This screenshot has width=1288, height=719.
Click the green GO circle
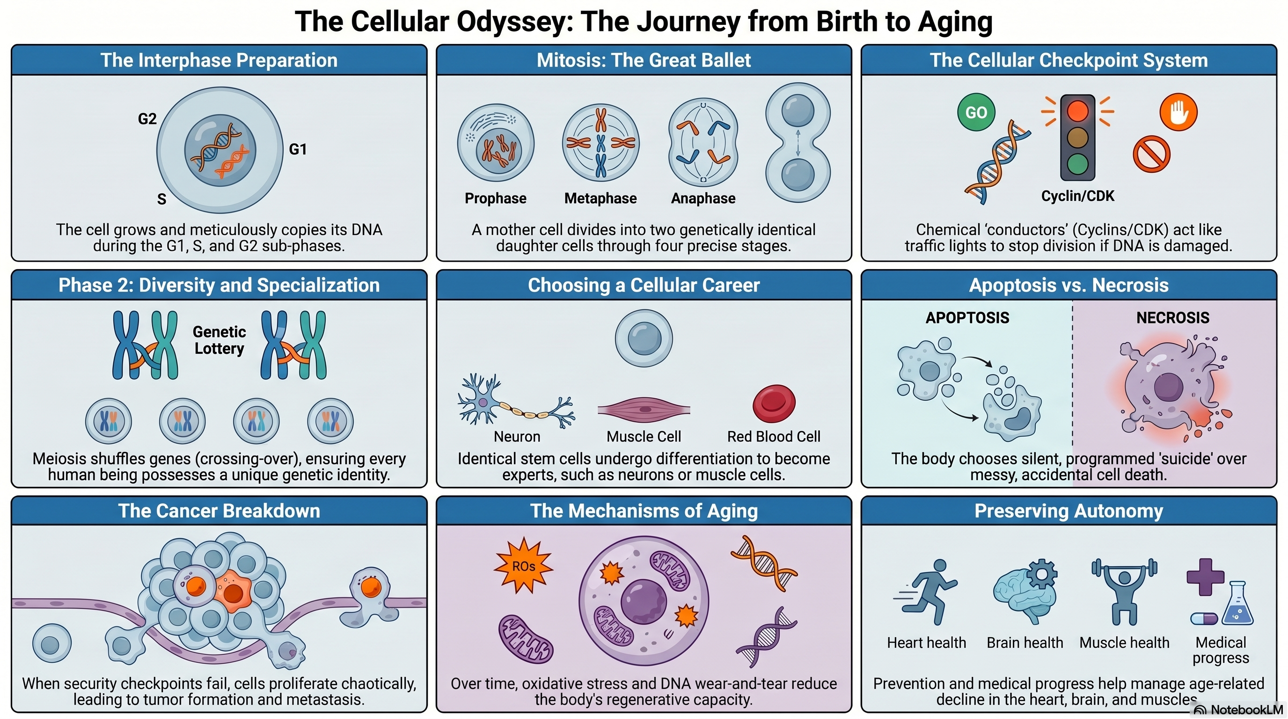coord(975,112)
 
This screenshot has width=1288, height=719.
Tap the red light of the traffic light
coord(1077,110)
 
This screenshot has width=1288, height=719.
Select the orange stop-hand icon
coord(1178,112)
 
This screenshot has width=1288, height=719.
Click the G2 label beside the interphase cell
coord(147,119)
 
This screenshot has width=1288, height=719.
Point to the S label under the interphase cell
coord(161,199)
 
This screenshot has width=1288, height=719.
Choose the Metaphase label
coord(600,198)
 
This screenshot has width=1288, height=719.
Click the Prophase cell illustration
coord(496,143)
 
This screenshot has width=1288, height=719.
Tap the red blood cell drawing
coord(774,404)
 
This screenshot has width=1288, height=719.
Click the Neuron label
coord(517,436)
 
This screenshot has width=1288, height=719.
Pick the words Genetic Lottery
coord(219,340)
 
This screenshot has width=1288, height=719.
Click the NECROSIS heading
coord(1172,317)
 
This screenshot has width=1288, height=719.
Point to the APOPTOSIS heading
coord(967,317)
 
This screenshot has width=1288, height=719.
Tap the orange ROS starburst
coord(523,565)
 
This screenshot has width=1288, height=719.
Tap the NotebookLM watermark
coord(1239,710)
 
